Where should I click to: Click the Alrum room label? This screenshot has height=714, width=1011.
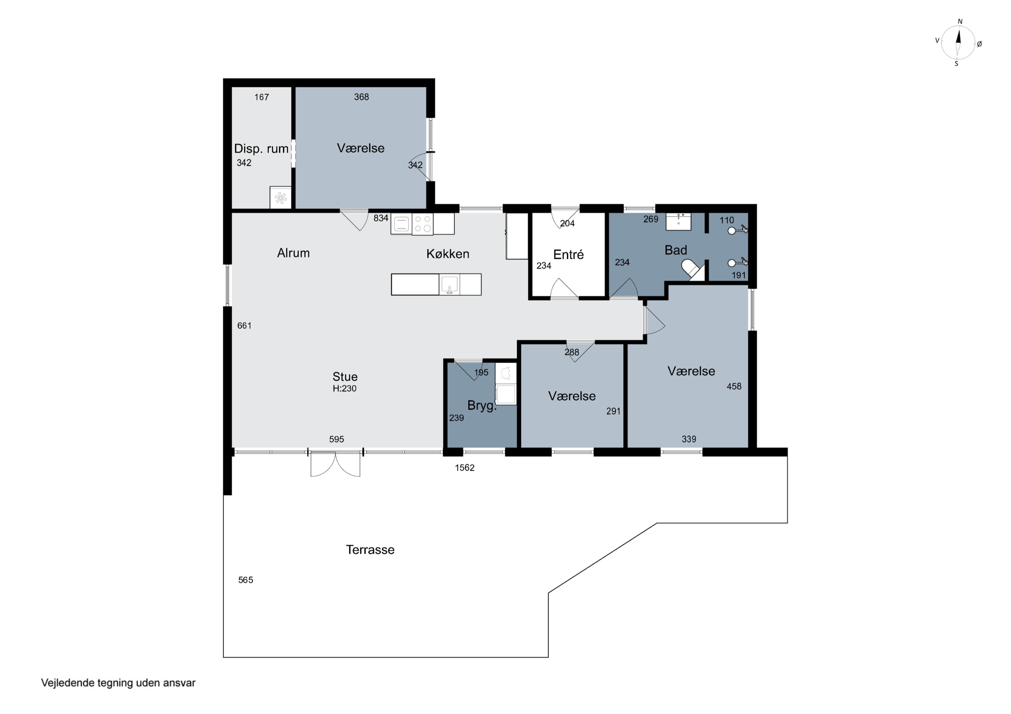[293, 253]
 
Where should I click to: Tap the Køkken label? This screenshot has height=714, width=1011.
[448, 254]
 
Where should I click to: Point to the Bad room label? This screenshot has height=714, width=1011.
[675, 250]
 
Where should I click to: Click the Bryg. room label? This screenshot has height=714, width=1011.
[482, 405]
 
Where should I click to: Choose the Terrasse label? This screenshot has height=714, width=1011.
[370, 549]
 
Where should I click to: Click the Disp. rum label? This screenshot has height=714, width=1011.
[261, 149]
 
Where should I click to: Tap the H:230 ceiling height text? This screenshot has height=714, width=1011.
[344, 388]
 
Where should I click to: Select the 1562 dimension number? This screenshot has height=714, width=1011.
[464, 468]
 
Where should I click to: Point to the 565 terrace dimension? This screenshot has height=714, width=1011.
[246, 580]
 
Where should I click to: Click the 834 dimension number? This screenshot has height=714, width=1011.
[381, 218]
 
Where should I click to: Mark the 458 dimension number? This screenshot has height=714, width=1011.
[734, 386]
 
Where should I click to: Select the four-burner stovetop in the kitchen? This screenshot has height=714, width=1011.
[423, 224]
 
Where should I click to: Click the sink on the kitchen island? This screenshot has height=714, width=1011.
[449, 284]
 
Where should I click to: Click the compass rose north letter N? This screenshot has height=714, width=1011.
[960, 22]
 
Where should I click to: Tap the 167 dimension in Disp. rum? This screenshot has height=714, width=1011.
[262, 97]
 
